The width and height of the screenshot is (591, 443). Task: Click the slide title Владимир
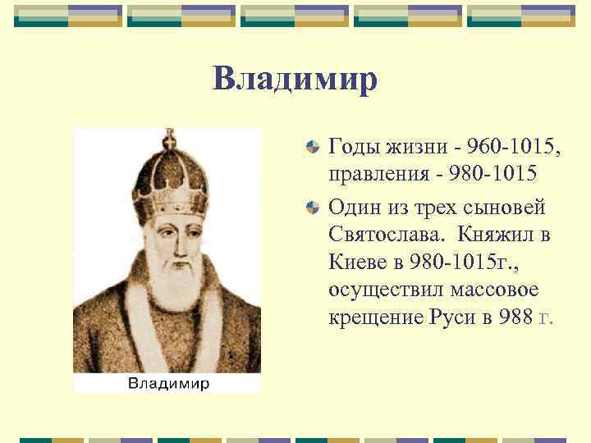(295, 80)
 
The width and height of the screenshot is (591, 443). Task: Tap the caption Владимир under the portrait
(167, 383)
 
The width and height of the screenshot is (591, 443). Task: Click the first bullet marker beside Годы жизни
(312, 148)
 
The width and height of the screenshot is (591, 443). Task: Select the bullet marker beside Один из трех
(312, 208)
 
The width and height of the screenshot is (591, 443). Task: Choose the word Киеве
(357, 263)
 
